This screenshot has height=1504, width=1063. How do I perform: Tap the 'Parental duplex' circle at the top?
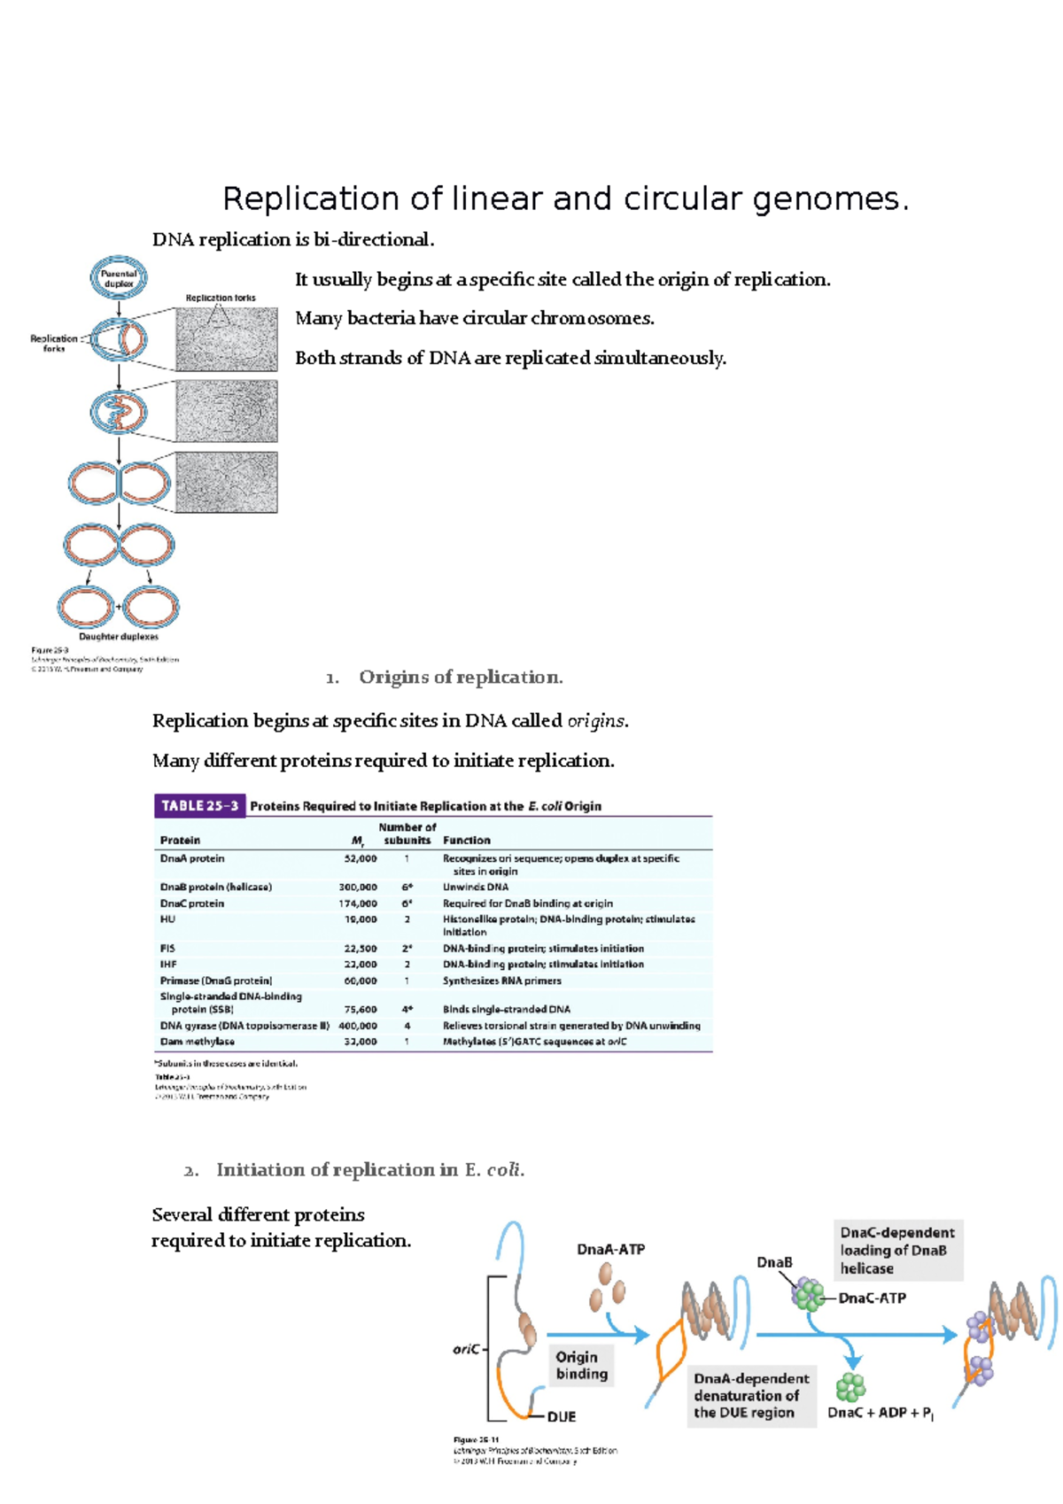pos(119,279)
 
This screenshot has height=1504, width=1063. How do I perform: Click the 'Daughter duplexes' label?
pos(119,636)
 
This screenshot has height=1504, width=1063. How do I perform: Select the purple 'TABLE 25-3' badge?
pos(199,806)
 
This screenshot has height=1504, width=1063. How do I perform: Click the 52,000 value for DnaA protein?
pos(360,858)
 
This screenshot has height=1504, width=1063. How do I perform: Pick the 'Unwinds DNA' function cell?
pos(475,887)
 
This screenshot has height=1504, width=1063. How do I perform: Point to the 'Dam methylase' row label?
pos(197,1042)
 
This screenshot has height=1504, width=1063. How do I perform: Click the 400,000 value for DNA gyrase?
pos(357,1026)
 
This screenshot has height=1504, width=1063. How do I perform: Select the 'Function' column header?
pos(466,840)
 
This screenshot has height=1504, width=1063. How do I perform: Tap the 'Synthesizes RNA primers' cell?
pos(501,981)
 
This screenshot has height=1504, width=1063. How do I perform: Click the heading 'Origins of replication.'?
pos(461,678)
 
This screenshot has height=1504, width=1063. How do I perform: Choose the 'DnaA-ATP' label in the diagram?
pos(610,1249)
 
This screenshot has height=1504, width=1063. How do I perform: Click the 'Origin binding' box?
pos(581,1365)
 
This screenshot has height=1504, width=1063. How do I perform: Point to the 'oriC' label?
pos(466,1349)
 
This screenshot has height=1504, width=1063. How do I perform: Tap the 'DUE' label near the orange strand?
pos(561,1416)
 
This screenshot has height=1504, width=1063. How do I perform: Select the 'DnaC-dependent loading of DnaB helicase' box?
pos(897,1250)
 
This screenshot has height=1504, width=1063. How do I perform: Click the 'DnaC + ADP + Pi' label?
pos(880,1413)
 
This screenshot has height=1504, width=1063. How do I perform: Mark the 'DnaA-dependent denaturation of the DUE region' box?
pos(751,1395)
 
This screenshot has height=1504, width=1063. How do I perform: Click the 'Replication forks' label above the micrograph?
pos(221,298)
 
